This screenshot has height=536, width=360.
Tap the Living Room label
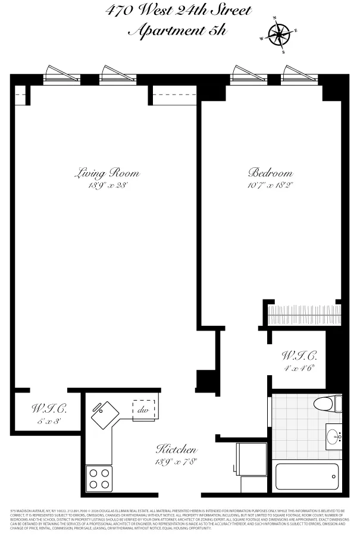tap(107, 173)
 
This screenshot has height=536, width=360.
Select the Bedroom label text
tap(270, 173)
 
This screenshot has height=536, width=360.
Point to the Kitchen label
tap(176, 449)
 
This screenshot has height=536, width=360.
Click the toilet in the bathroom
tap(328, 403)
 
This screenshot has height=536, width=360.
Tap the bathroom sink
tap(334, 437)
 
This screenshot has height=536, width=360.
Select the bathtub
tap(307, 476)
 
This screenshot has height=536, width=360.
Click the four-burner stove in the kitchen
tap(99, 478)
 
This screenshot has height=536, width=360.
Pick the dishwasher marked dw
tap(143, 409)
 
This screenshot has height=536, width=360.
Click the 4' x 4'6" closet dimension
tap(299, 368)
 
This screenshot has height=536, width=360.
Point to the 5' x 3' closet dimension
tap(48, 421)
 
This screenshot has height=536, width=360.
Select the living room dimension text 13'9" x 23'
tap(107, 185)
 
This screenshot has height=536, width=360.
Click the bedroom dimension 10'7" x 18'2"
tap(270, 185)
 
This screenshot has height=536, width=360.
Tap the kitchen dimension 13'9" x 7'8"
tap(176, 461)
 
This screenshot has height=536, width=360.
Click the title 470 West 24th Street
tap(179, 11)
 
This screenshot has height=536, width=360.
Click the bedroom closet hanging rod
tap(304, 313)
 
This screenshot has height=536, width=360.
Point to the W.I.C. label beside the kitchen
tap(48, 410)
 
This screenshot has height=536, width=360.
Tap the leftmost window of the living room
tap(62, 74)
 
